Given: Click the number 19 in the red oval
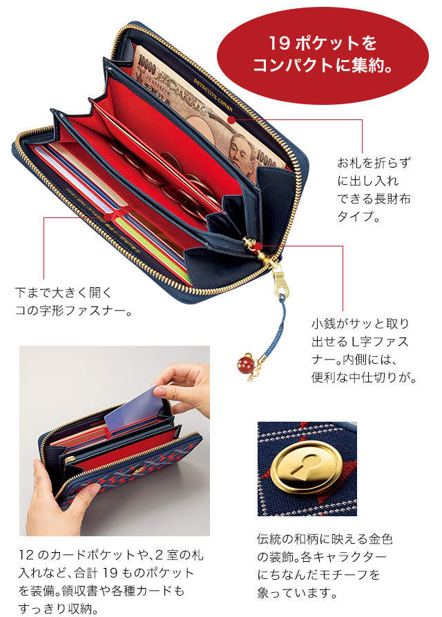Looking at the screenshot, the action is click(279, 43).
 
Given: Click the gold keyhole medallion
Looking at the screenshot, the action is click(306, 468).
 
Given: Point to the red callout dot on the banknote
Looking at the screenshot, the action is click(232, 119).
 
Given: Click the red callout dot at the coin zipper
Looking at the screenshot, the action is click(258, 246).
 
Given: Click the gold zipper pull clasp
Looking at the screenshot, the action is click(278, 279).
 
